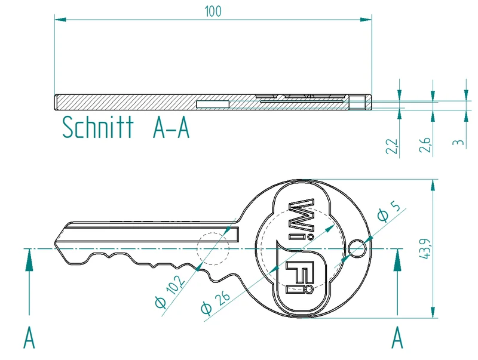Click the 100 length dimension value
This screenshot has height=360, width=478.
tap(213, 11)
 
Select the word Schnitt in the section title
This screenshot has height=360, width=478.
tap(98, 127)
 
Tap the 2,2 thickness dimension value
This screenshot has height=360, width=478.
tap(393, 146)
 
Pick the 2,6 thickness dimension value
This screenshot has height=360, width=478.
tap(425, 145)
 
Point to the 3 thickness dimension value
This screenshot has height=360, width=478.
tap(458, 143)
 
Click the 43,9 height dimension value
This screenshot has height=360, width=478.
tap(425, 249)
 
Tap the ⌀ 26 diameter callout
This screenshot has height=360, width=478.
tap(215, 303)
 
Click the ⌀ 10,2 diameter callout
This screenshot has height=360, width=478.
tap(170, 292)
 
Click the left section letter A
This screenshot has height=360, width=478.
tap(29, 337)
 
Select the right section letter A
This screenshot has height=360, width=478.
tap(397, 337)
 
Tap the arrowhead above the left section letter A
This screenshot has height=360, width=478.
tap(29, 260)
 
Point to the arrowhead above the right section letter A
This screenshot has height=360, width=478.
tap(397, 260)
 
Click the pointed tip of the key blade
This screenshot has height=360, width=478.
tap(55, 243)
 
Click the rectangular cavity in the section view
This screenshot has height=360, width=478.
tap(213, 104)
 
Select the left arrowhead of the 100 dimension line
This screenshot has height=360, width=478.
tap(60, 20)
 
